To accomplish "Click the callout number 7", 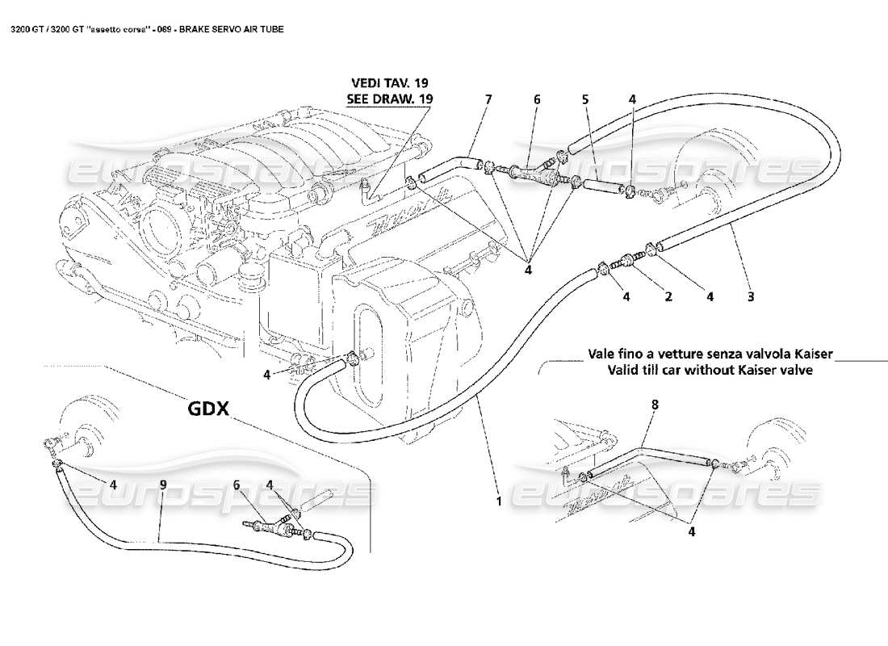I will pyautogui.click(x=488, y=99).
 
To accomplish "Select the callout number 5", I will pyautogui.click(x=585, y=99).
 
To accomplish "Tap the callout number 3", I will pyautogui.click(x=751, y=296).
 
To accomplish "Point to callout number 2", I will pyautogui.click(x=668, y=296).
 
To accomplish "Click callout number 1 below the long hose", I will pyautogui.click(x=499, y=501).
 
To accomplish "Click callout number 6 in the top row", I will pyautogui.click(x=536, y=99).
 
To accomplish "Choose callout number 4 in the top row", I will pyautogui.click(x=633, y=99).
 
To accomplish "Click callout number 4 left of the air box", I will pyautogui.click(x=266, y=374).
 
